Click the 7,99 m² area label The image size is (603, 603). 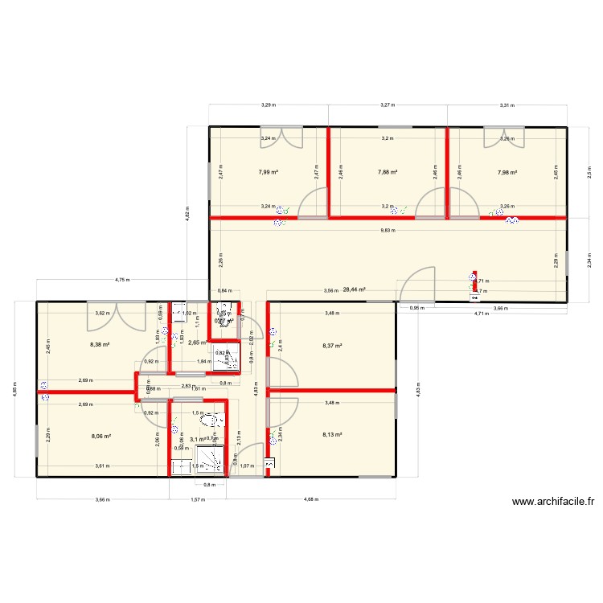tap(268, 172)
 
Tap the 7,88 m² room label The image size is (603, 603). tap(388, 171)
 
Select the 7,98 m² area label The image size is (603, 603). tap(507, 172)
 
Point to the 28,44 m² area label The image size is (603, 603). tap(354, 289)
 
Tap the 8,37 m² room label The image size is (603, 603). tap(331, 347)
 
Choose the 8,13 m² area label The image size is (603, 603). tap(331, 435)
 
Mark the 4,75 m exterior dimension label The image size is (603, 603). tap(122, 280)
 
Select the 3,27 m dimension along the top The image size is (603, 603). tap(388, 105)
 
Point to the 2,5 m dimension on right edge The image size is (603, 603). tap(588, 171)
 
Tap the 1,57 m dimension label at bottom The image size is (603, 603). tap(197, 498)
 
